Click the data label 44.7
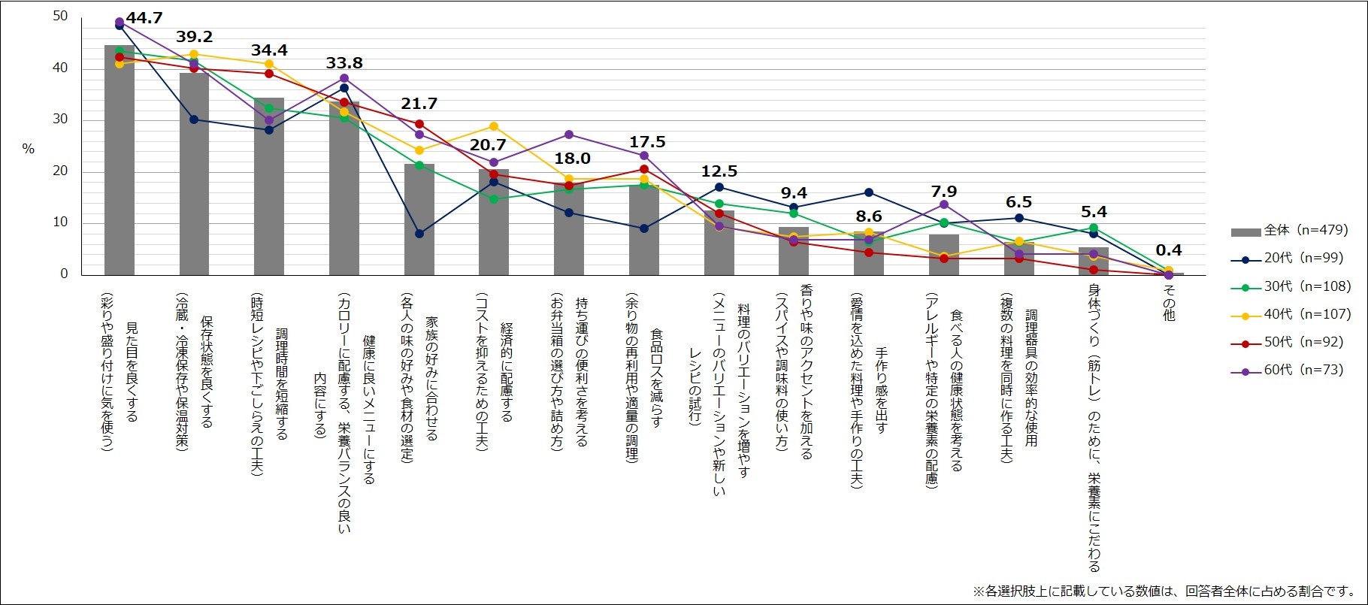(x=144, y=18)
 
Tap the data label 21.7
(x=419, y=104)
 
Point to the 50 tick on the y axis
(x=60, y=16)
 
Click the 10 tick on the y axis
(x=60, y=222)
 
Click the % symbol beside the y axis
(x=28, y=149)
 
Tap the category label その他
(x=1169, y=303)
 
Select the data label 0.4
(x=1169, y=250)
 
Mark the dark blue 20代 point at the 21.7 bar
(x=419, y=234)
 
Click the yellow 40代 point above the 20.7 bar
(x=494, y=126)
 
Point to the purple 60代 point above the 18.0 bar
(x=569, y=135)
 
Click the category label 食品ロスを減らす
(x=656, y=376)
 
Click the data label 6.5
(x=1018, y=202)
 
